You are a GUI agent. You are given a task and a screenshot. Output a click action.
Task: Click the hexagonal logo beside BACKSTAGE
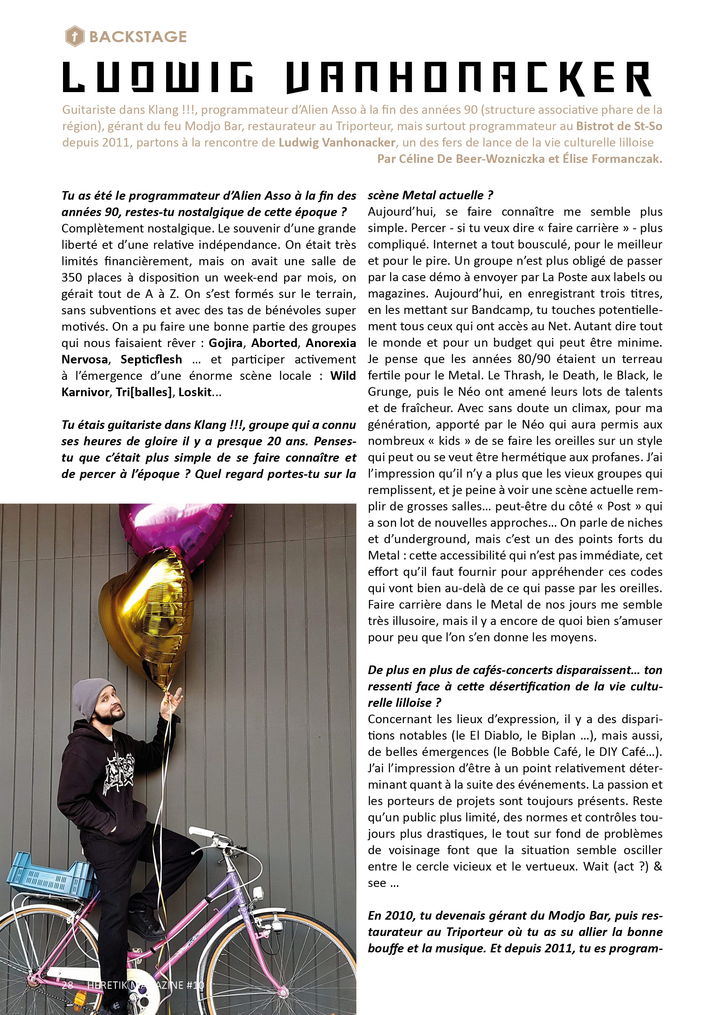[x=74, y=36]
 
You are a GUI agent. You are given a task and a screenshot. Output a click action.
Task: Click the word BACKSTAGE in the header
[x=138, y=36]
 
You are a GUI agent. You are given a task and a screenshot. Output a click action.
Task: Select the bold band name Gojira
[x=225, y=343]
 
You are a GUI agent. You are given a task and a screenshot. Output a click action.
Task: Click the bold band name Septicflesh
[x=151, y=359]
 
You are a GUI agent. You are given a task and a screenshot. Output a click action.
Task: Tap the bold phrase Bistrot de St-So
[x=619, y=126]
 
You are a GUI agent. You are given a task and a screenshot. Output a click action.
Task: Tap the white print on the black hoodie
[x=119, y=773]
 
